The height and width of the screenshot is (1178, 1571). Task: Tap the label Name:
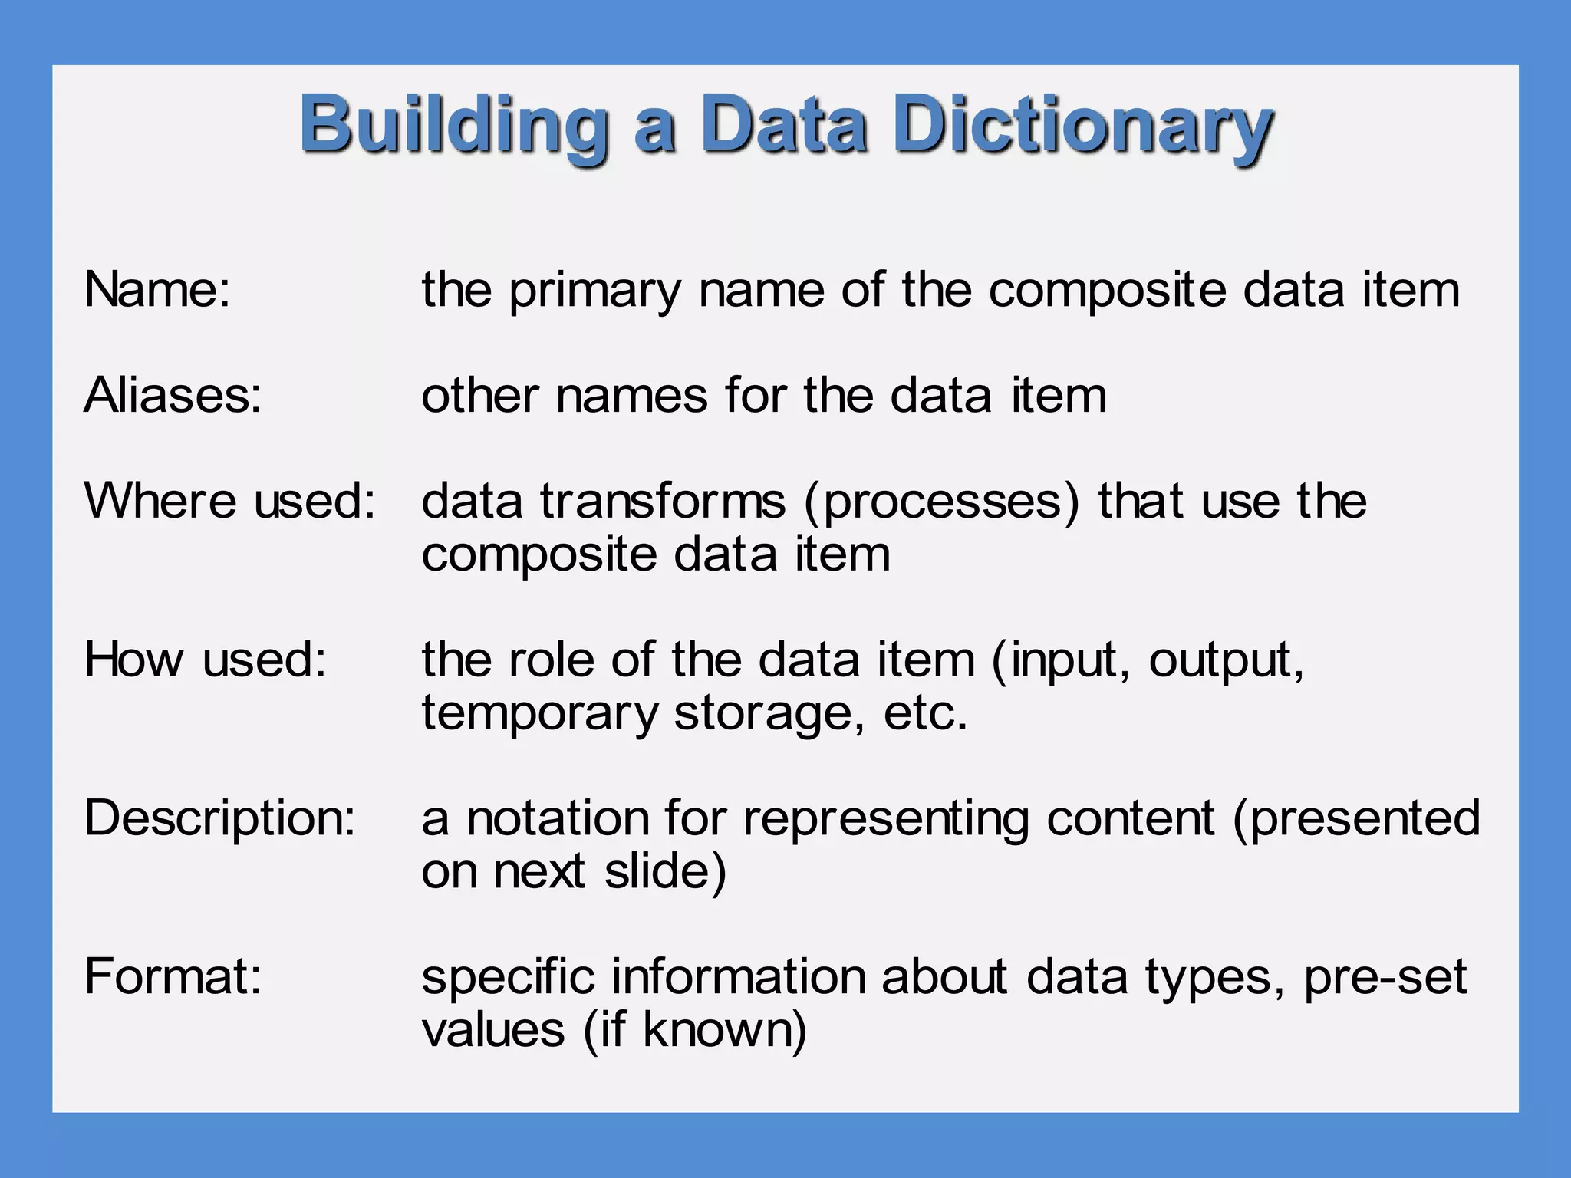tap(157, 290)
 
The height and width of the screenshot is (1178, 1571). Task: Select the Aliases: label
tap(173, 396)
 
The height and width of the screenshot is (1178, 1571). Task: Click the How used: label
tap(206, 659)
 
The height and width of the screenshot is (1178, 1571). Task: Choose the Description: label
tap(220, 818)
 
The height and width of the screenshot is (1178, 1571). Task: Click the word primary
tap(595, 291)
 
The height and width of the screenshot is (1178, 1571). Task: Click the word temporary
tap(540, 713)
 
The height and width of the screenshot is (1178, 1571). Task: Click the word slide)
tap(665, 872)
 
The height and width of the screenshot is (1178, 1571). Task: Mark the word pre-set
tap(1385, 979)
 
